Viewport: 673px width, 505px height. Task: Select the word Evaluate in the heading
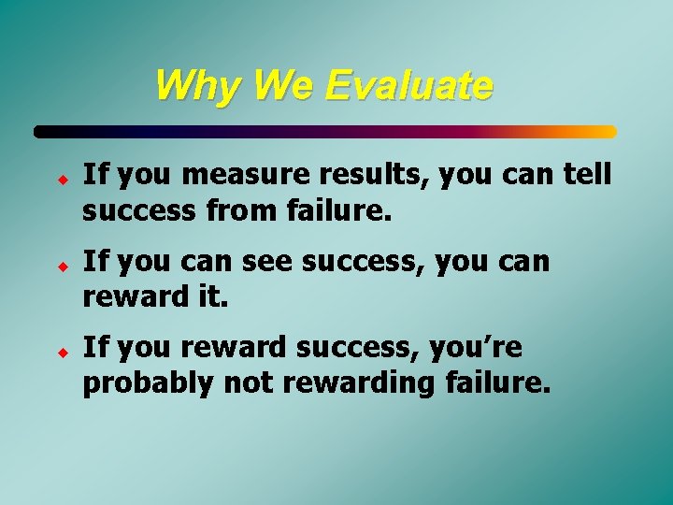tap(409, 86)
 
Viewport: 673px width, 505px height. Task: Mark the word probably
tap(143, 383)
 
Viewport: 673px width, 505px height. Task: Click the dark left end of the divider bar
tap(43, 132)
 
